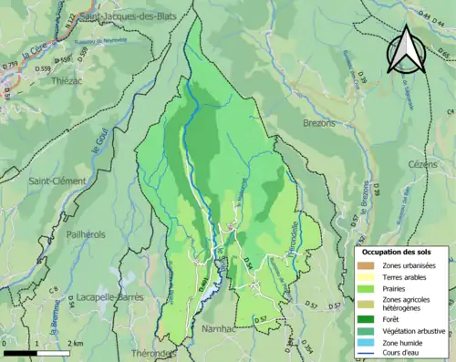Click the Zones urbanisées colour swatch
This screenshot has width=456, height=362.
[x=369, y=265]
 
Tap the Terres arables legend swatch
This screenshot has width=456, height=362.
[x=369, y=277]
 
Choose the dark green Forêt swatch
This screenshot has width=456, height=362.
[x=369, y=318]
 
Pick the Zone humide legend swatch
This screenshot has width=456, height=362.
[x=369, y=343]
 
